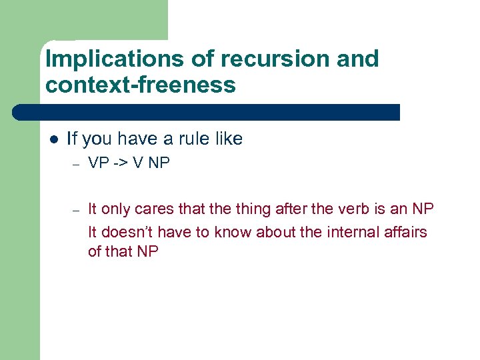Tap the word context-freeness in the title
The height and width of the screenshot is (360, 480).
click(x=141, y=85)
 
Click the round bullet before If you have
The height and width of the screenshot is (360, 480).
click(x=54, y=140)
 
